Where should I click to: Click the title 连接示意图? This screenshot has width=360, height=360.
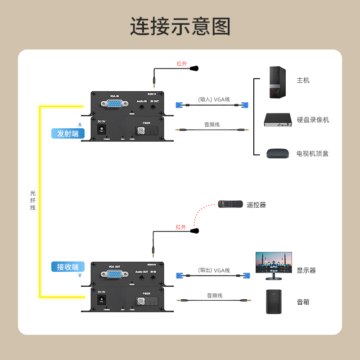click(x=180, y=27)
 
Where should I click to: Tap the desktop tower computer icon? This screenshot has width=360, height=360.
click(x=278, y=82)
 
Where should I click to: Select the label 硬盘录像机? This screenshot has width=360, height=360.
click(x=313, y=120)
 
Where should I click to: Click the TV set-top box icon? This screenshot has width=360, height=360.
click(x=278, y=153)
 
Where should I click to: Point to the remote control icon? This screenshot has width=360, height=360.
click(x=230, y=204)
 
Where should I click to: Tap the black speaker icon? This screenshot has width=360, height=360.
click(x=275, y=301)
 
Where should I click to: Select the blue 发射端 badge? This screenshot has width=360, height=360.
click(x=68, y=134)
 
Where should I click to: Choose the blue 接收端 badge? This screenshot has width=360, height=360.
click(x=68, y=267)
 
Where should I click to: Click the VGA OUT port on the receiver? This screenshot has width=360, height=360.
click(x=114, y=274)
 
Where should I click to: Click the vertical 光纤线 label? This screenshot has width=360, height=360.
click(x=32, y=200)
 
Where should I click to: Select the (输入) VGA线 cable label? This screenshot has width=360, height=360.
click(x=214, y=99)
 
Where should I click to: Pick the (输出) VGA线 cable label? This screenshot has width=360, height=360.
click(x=214, y=270)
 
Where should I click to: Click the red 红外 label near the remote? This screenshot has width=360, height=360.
click(x=181, y=227)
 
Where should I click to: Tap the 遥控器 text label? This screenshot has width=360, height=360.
click(x=256, y=205)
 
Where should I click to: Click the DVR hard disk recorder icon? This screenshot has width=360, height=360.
click(x=278, y=120)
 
